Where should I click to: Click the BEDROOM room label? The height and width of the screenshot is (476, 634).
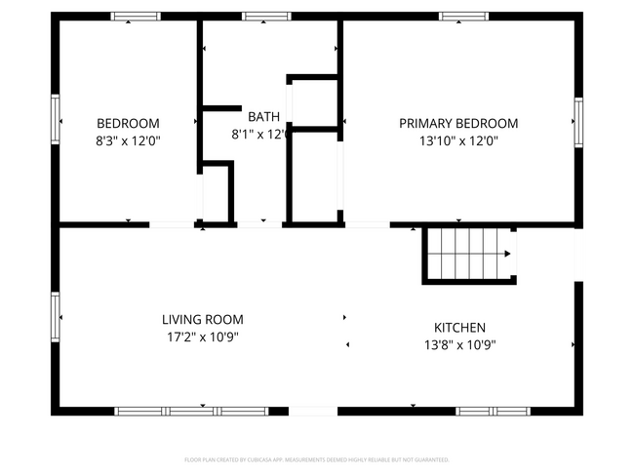click(128, 123)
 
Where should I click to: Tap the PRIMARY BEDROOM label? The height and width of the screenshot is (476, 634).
click(458, 123)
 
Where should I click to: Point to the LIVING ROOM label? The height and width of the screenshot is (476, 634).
click(202, 319)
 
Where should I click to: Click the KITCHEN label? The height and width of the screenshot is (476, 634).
click(459, 328)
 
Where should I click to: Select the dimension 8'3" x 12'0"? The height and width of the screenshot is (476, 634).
click(128, 140)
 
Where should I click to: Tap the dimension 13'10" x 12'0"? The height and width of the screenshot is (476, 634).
click(458, 140)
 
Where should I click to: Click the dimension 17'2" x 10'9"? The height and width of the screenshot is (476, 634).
click(202, 337)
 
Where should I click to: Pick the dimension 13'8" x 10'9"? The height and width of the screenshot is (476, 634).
click(459, 344)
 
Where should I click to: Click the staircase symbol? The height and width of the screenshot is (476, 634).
click(468, 254)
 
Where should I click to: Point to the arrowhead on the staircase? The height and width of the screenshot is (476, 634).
click(507, 255)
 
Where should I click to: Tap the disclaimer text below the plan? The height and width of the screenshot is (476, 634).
click(316, 458)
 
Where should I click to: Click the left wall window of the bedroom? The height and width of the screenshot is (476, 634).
click(56, 119)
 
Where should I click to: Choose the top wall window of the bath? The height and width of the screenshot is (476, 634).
click(266, 17)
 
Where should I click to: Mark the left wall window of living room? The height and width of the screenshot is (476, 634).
click(56, 314)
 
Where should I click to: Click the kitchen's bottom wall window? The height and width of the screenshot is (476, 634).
click(486, 411)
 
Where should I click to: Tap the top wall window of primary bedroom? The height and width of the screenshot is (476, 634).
click(463, 17)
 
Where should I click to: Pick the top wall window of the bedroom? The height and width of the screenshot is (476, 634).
click(135, 17)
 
